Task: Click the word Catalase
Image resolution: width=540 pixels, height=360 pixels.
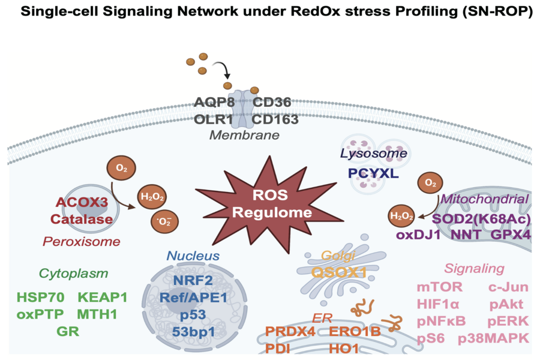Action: point(82,219)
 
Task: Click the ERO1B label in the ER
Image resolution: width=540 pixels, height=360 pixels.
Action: point(355,331)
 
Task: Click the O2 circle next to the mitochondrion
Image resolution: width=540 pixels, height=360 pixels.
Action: point(430,182)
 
